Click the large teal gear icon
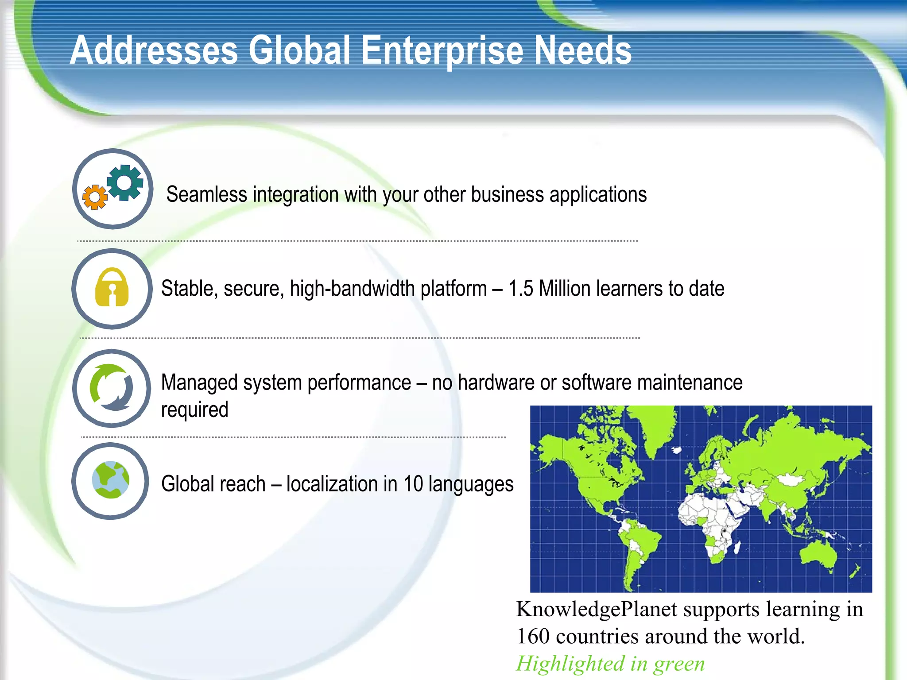(125, 182)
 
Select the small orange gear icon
(95, 197)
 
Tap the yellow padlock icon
(112, 288)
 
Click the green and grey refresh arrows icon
(112, 387)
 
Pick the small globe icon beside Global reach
(111, 480)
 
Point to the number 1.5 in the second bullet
(520, 289)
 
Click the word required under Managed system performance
(194, 410)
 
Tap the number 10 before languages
(413, 484)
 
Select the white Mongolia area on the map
(791, 480)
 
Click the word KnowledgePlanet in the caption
(597, 610)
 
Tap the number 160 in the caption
(533, 637)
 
